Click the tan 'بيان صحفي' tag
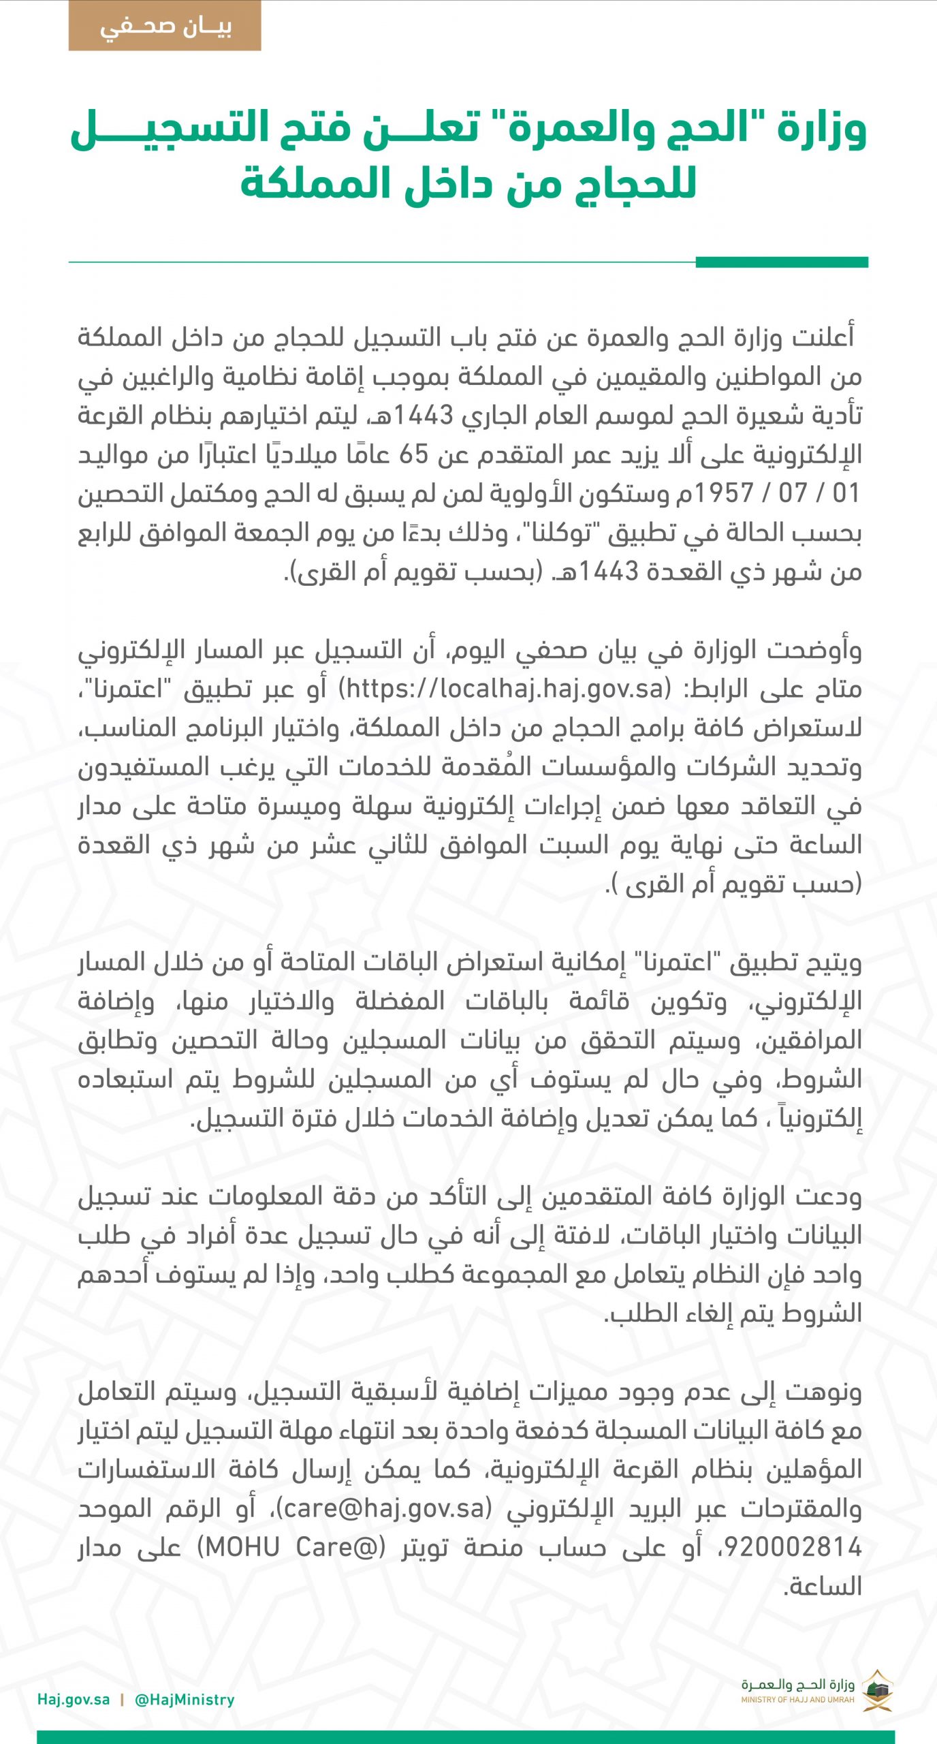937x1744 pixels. click(x=165, y=26)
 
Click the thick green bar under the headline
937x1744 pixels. click(x=781, y=262)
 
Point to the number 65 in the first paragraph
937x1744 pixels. click(x=413, y=454)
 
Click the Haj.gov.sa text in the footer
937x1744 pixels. click(x=74, y=1700)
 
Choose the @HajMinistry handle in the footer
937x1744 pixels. click(x=185, y=1700)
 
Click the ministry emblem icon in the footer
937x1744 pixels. click(x=878, y=1689)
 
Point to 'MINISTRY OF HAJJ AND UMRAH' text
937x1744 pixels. click(x=797, y=1700)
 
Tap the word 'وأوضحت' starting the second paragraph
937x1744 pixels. click(x=815, y=650)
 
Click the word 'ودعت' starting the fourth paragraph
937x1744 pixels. click(x=834, y=1196)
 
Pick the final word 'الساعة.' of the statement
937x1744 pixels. click(x=823, y=1587)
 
